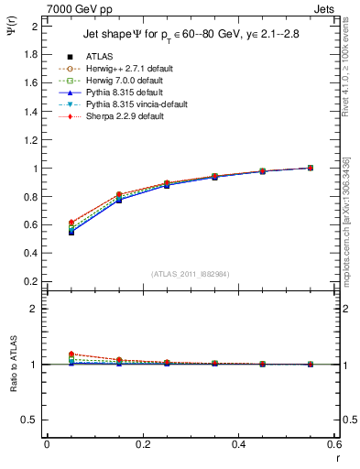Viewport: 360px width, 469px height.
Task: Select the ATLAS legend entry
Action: (98, 57)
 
